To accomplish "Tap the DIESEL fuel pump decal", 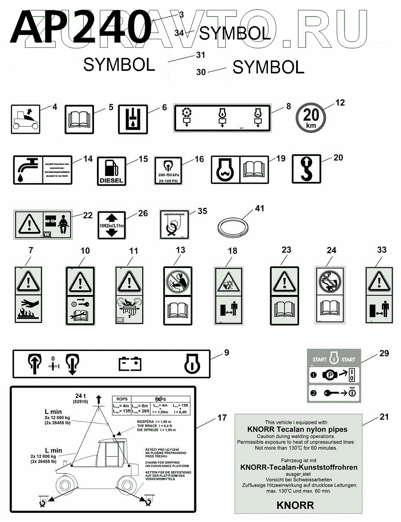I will [111, 170].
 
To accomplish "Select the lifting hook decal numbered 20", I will [307, 170].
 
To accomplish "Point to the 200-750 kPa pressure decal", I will [168, 171].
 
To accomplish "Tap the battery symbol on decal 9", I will [130, 363].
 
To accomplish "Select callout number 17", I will [222, 418].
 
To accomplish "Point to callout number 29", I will [384, 354].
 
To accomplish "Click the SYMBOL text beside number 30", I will [268, 67].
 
